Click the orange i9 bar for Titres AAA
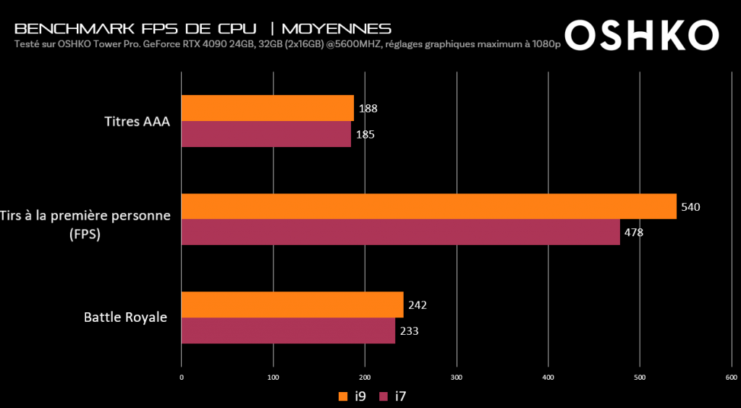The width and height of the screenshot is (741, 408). (x=267, y=108)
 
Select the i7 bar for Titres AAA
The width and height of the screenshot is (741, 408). (x=266, y=134)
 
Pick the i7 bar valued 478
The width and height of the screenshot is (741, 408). (x=400, y=233)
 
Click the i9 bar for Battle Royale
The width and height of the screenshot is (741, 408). (x=292, y=304)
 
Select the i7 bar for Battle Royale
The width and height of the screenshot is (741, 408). (x=288, y=330)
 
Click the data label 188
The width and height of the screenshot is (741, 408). (x=368, y=109)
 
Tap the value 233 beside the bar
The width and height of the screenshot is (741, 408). (x=410, y=331)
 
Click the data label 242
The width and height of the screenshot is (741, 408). (x=418, y=305)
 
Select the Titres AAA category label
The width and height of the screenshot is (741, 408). (x=137, y=121)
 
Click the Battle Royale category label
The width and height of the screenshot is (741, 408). (x=125, y=317)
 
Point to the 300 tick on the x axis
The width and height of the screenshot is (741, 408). (x=457, y=377)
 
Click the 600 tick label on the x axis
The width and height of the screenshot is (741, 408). (x=731, y=377)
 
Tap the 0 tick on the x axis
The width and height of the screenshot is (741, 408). (x=182, y=377)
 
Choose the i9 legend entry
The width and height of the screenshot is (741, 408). (x=352, y=396)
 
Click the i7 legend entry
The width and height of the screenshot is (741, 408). (x=396, y=396)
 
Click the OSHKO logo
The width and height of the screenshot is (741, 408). (x=641, y=34)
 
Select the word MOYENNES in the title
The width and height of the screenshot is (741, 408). (x=336, y=29)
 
